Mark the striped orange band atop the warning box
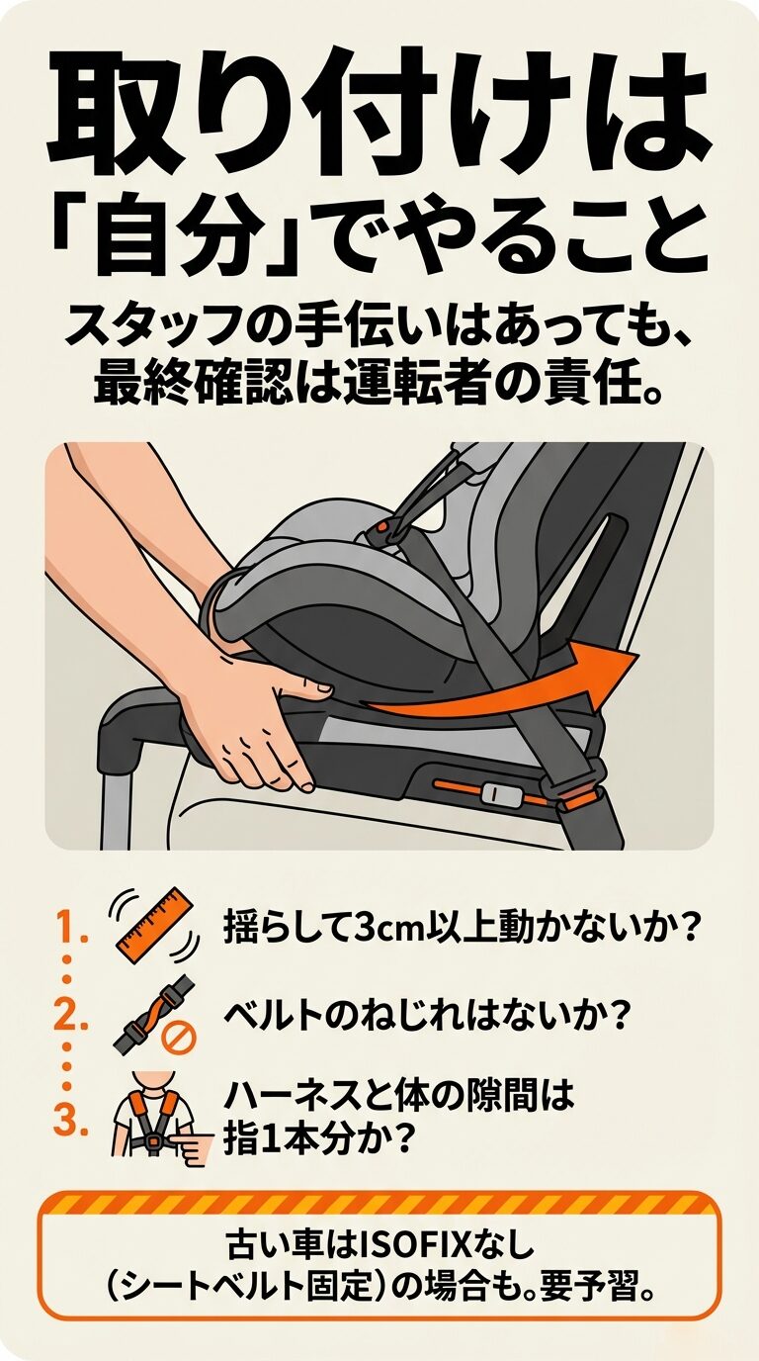coord(379,1205)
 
